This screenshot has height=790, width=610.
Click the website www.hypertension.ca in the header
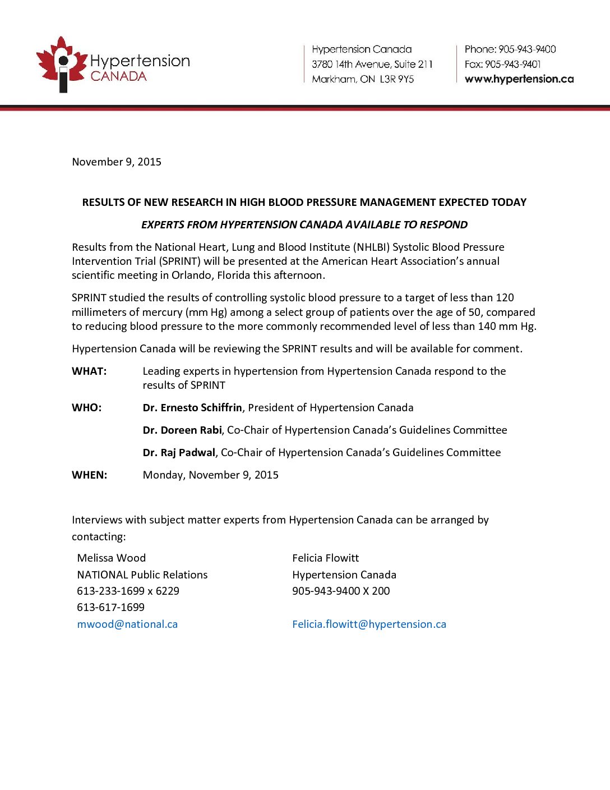point(519,79)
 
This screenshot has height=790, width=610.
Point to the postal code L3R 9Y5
point(397,79)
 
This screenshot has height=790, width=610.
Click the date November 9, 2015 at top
point(117,162)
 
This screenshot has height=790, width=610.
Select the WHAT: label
point(89,371)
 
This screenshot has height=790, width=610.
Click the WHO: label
point(87,408)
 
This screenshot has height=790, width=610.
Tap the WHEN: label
point(90,475)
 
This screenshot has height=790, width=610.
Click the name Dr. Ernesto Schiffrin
point(192,408)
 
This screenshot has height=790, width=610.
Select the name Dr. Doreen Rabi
point(182,430)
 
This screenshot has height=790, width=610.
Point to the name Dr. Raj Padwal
point(179,453)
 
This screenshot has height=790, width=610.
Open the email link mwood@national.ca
point(127,624)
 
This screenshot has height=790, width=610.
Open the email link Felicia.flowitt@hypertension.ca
point(369,624)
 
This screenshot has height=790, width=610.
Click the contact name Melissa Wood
point(111,558)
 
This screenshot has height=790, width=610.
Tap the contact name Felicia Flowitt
point(325,558)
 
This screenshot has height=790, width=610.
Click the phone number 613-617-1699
point(110,608)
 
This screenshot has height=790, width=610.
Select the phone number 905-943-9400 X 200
point(341,591)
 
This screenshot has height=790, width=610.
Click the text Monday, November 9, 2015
point(210,475)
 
